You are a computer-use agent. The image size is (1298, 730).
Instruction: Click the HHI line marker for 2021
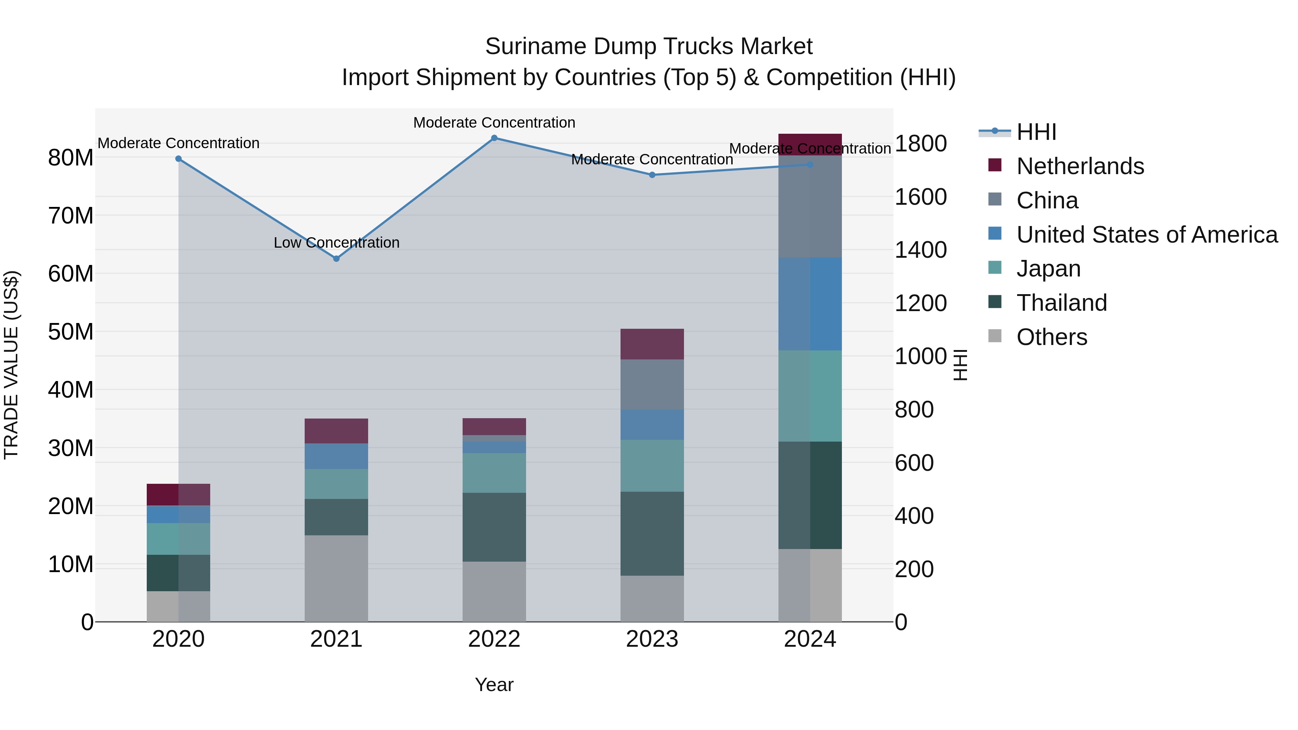tap(337, 258)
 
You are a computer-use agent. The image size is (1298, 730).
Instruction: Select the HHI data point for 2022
tap(494, 138)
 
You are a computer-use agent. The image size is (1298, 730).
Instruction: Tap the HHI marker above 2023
tap(652, 175)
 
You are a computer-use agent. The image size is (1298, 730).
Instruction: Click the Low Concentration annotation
tap(337, 243)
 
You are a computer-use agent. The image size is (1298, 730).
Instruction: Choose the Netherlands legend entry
tap(1080, 166)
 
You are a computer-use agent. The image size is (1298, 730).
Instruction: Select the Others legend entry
tap(1052, 337)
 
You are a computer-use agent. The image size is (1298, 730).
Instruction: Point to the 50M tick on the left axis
tap(71, 332)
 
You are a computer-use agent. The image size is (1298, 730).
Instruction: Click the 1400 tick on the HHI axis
tap(920, 250)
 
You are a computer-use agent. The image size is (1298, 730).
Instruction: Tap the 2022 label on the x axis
tap(494, 639)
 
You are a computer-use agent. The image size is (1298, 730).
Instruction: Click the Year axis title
tap(494, 685)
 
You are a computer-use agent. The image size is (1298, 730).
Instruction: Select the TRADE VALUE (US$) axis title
tap(11, 365)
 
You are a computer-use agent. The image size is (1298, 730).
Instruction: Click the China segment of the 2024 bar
tap(810, 207)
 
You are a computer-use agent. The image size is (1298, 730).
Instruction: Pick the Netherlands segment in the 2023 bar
tap(652, 344)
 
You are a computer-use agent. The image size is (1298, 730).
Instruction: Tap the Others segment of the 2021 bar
tap(337, 578)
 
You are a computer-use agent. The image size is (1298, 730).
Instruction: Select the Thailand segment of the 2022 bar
tap(494, 527)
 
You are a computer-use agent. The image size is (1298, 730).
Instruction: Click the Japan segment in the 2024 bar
tap(810, 396)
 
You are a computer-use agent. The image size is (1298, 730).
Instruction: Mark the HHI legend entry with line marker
tap(1018, 132)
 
